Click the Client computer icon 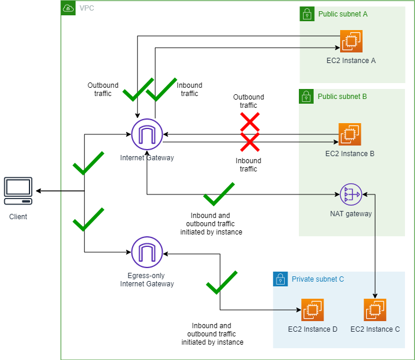[x=18, y=191]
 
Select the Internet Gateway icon [x=147, y=134]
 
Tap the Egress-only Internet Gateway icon [x=147, y=252]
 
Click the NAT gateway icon [x=352, y=193]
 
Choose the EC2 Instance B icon [x=350, y=134]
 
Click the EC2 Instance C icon [x=375, y=310]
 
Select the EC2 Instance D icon [x=312, y=310]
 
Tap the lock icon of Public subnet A [x=307, y=14]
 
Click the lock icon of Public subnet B [x=306, y=96]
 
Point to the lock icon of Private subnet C [x=280, y=279]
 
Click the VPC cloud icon [x=68, y=8]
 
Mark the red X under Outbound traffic [x=249, y=122]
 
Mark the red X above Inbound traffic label [x=249, y=142]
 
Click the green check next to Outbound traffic [x=137, y=90]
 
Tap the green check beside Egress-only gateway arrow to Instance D [x=221, y=283]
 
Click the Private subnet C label [x=318, y=279]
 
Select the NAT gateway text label [x=351, y=214]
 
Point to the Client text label [x=18, y=217]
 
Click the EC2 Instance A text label [x=351, y=61]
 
